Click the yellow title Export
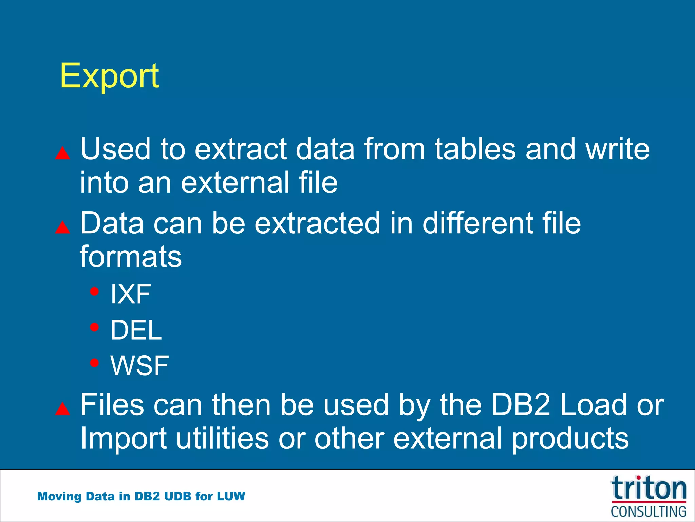pos(109,76)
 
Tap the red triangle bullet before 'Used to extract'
pos(62,154)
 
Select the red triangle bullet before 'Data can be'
pos(62,228)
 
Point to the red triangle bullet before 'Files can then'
pos(62,409)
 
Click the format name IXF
pos(131,294)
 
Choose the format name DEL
pos(136,330)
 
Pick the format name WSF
pos(139,366)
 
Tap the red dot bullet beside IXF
pos(94,291)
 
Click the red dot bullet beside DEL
pos(94,327)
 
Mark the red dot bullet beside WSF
pos(94,363)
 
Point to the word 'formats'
pos(131,257)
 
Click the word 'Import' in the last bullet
pos(123,438)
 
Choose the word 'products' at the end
pos(570,438)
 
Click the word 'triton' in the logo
pos(649,488)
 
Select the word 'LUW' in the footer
pos(231,497)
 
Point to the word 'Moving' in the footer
pos(59,497)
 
